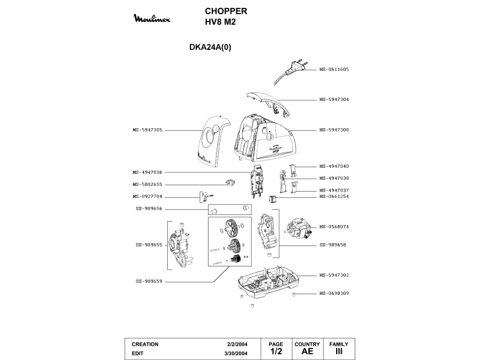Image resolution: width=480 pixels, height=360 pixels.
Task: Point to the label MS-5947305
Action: coord(148,130)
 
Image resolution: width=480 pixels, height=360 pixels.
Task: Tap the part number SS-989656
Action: coord(149,209)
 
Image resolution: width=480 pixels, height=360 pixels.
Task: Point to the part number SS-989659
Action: coord(149,281)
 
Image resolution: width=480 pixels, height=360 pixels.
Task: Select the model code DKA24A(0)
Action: coord(210,48)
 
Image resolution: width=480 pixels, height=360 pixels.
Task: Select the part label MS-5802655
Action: coord(148,184)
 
